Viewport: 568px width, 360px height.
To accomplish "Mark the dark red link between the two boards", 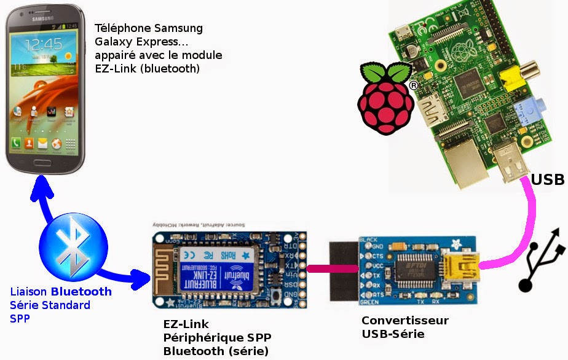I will click(x=333, y=268).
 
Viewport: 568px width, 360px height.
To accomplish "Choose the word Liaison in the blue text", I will click(x=30, y=292).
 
